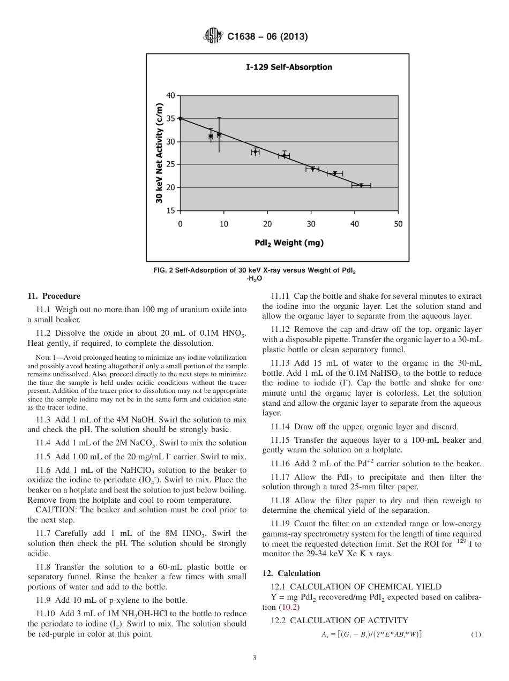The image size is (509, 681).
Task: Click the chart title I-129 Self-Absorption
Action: coord(289,67)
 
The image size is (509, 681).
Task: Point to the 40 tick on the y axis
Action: coord(170,96)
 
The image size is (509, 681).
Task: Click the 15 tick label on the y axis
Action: coord(170,210)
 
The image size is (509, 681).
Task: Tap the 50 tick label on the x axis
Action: coord(398,224)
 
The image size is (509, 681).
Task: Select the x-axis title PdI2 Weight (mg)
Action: coord(289,243)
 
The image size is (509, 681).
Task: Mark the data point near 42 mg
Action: coord(361,185)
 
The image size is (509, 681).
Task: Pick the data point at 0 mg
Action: coord(181,119)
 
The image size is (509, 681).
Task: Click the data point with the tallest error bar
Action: coord(219,134)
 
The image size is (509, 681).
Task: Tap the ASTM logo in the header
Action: coord(213,37)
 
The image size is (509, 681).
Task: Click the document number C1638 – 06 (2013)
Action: coord(267,37)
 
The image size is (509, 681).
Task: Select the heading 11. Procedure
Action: coord(54,296)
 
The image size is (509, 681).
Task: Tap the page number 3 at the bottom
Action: coord(254,658)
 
